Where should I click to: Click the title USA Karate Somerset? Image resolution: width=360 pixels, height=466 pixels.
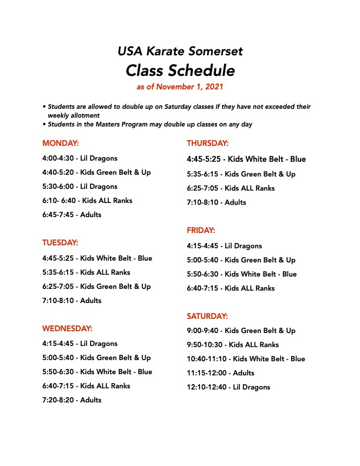(180, 51)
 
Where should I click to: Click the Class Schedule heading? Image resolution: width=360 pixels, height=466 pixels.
(180, 71)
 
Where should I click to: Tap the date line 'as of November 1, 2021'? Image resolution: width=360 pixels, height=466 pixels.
(180, 87)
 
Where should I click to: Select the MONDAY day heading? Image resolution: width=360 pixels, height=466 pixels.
(60, 143)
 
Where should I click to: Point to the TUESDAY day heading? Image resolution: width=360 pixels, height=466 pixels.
(60, 242)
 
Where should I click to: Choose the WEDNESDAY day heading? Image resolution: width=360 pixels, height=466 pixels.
(67, 328)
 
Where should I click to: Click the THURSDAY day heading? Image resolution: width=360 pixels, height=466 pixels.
(208, 143)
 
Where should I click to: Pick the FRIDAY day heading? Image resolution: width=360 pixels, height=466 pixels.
(201, 230)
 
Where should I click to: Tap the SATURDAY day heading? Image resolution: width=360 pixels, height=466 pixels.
(207, 316)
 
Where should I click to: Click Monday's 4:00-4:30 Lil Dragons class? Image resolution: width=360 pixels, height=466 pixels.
(80, 158)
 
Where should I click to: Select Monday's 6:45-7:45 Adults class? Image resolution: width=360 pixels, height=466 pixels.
(72, 215)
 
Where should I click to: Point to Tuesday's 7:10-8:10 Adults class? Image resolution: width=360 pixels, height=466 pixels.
(72, 301)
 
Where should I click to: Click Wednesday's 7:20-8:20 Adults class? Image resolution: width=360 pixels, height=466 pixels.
(72, 400)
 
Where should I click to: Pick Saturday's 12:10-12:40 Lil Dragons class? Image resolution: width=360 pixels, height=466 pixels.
(228, 387)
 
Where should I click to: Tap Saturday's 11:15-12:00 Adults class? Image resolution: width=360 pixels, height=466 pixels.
(221, 373)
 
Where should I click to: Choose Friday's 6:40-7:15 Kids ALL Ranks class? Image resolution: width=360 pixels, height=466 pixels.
(231, 288)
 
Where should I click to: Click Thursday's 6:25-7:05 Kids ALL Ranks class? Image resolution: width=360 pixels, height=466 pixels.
(231, 188)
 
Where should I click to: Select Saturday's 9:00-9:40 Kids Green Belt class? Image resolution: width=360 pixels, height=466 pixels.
(241, 331)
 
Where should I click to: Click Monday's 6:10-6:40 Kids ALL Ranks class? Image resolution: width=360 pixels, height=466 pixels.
(87, 201)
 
